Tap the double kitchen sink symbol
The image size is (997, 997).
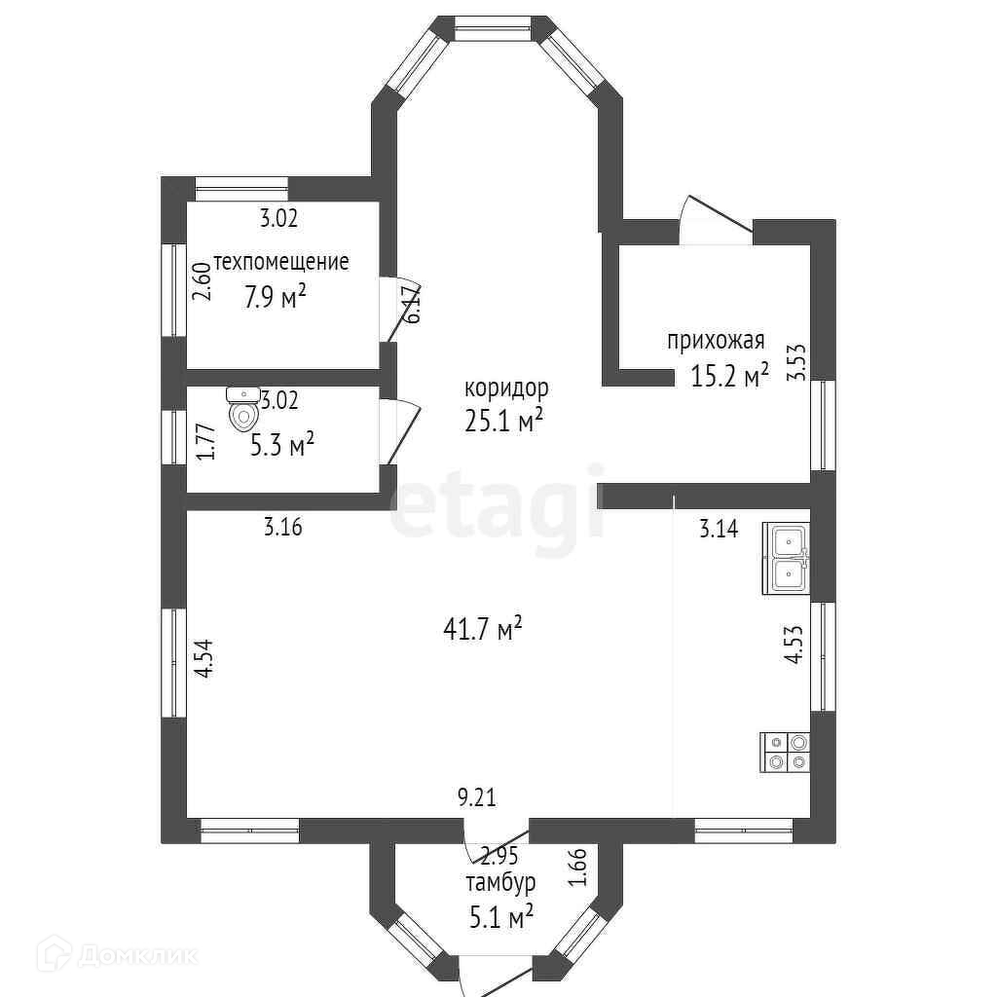pos(787,559)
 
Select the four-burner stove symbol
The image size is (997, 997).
pos(786,753)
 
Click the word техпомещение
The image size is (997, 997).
pos(281,261)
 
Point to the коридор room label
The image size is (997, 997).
pos(506,388)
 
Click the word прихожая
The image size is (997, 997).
pos(716,341)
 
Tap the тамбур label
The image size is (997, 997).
pos(500,882)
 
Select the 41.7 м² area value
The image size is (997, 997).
pos(483,630)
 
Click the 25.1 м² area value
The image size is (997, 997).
pos(503,421)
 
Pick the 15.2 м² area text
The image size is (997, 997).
pos(730,375)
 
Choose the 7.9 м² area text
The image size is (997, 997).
pos(276,296)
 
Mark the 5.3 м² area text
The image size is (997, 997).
pos(282,444)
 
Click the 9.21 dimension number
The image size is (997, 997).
pos(477,796)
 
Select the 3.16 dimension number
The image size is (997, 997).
pos(283,527)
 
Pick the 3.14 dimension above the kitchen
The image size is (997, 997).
pos(720,529)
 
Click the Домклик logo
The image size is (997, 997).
pos(118,954)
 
